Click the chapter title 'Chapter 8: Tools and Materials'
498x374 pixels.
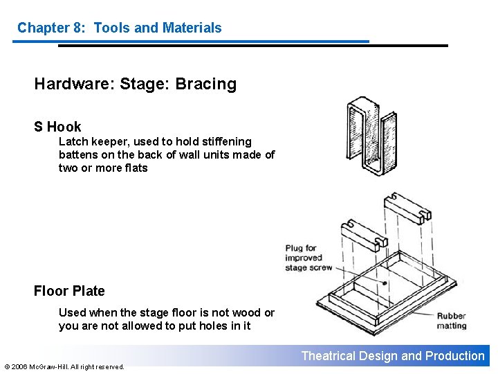coord(119,28)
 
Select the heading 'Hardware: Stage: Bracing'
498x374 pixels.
coord(135,84)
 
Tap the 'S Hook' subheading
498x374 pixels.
coord(57,127)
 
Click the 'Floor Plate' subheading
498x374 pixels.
coord(69,291)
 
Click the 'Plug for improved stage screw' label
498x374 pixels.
coord(308,258)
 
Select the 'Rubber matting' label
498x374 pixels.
coord(451,321)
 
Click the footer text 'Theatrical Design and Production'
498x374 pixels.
coord(393,356)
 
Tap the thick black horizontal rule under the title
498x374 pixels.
coord(252,46)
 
